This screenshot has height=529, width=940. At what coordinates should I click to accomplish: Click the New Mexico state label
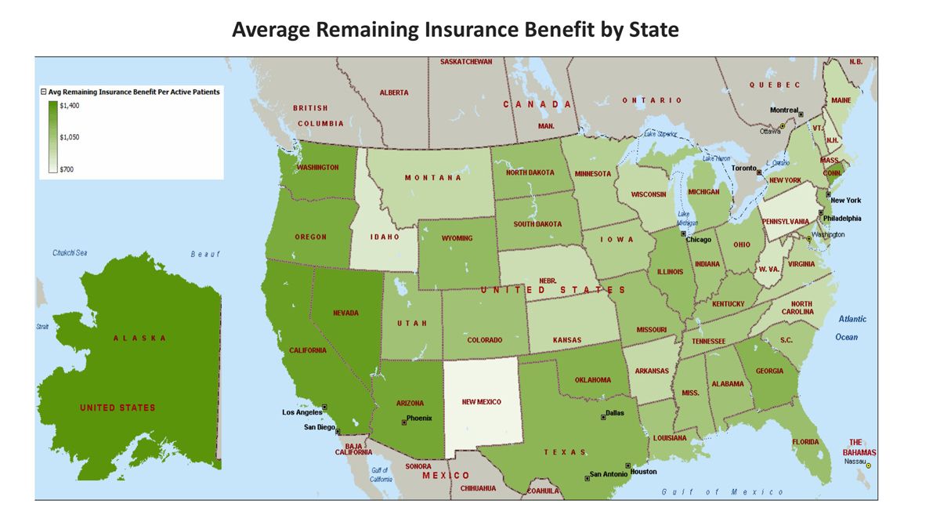point(481,401)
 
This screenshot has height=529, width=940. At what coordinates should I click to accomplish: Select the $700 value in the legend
point(67,168)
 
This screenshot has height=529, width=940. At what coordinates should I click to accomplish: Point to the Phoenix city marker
point(404,422)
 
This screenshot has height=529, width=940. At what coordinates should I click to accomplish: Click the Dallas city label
point(615,413)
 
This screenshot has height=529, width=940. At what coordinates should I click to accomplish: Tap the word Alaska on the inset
point(139,338)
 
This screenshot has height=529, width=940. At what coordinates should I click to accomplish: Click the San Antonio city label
point(609,474)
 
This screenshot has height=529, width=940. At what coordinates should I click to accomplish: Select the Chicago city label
point(698,240)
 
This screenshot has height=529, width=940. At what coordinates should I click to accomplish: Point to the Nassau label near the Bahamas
point(853,462)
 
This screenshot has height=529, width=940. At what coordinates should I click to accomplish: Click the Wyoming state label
point(457,238)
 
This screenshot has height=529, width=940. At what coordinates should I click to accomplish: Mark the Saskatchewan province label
point(466,62)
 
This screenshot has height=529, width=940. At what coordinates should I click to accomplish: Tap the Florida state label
point(804,442)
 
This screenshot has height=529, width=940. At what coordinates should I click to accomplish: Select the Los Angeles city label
point(302,412)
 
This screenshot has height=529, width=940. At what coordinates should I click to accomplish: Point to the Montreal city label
point(783,111)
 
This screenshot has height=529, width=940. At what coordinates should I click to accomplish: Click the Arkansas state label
point(652,371)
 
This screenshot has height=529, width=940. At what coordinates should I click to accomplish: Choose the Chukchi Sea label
point(70,252)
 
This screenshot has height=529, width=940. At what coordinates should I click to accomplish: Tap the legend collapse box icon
point(44,92)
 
